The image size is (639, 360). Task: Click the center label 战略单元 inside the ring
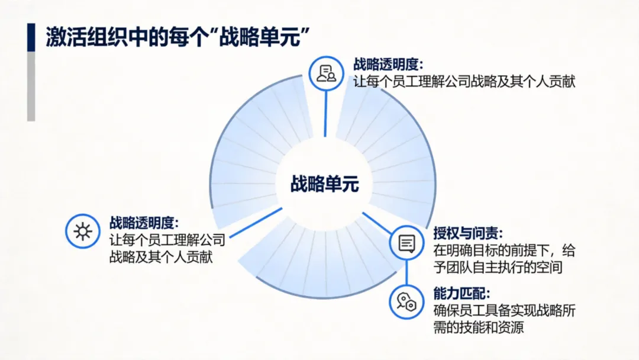(x=325, y=184)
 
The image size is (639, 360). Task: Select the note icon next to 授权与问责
(x=406, y=243)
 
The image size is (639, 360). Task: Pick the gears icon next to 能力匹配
(x=406, y=301)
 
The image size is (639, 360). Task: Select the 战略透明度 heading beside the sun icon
(x=143, y=223)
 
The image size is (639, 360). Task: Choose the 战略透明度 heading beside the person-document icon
(x=389, y=64)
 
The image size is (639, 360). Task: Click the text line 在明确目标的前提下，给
(x=504, y=250)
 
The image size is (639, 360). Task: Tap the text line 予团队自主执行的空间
(x=496, y=267)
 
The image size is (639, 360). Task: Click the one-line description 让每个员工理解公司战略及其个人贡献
(x=464, y=81)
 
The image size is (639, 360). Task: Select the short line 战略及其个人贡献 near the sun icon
(x=161, y=257)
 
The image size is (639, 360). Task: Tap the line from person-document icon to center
(x=325, y=114)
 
